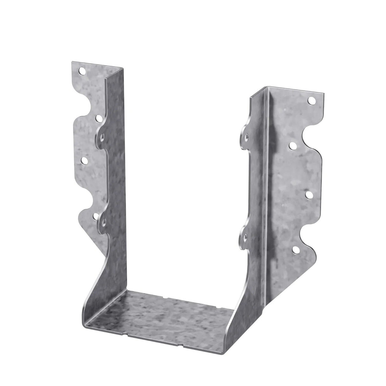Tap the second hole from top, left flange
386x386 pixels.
click(99, 118)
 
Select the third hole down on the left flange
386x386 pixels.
click(85, 161)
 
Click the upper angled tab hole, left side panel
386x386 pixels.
click(102, 137)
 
